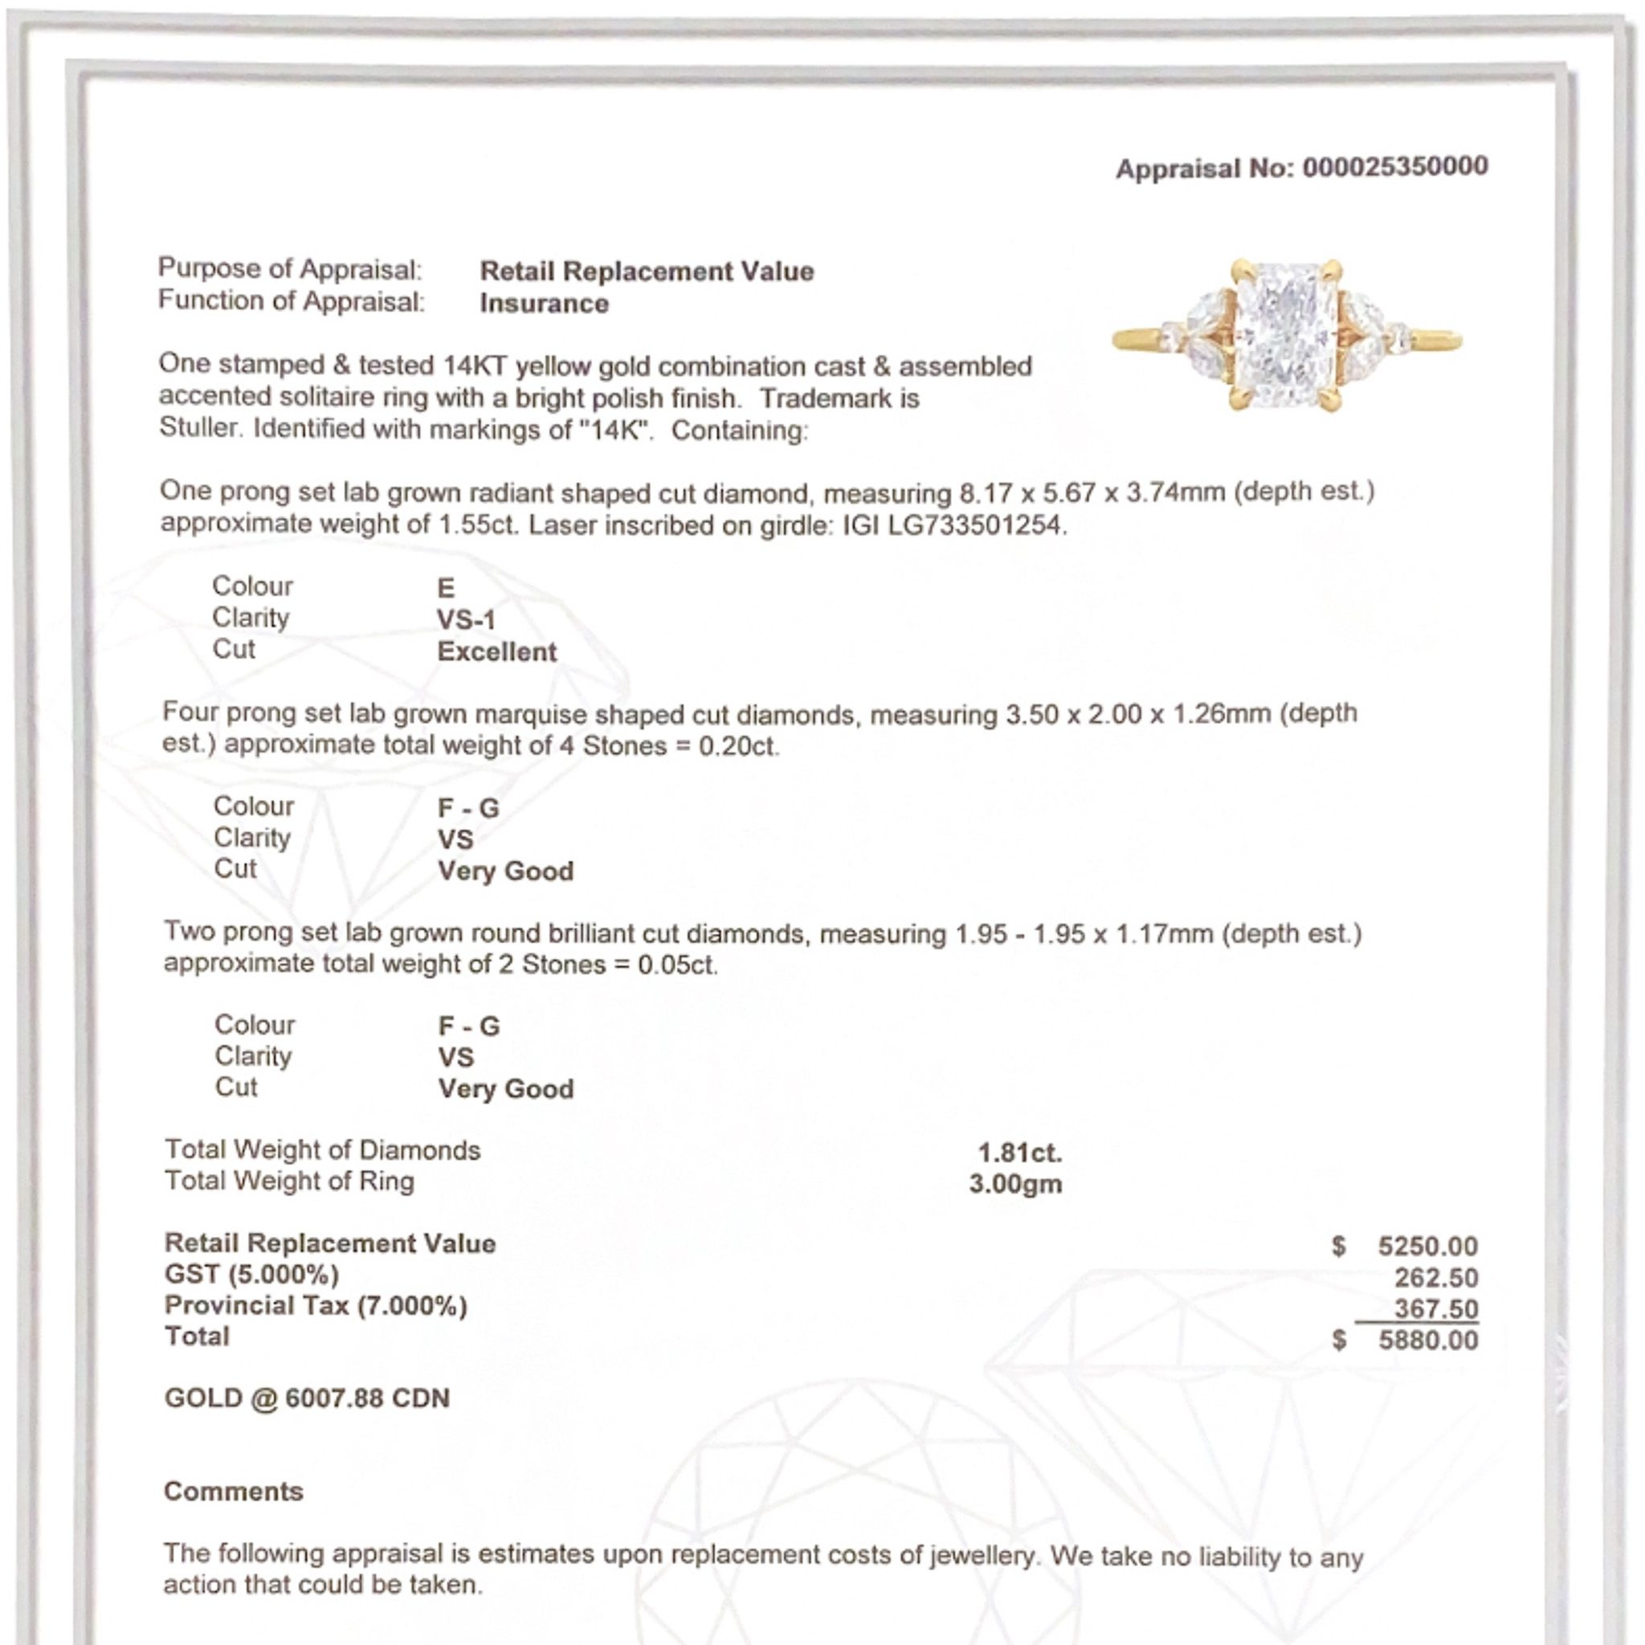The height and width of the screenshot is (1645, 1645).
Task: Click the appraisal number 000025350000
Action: tap(1394, 167)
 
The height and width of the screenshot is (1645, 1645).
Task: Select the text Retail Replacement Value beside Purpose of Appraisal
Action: tap(647, 271)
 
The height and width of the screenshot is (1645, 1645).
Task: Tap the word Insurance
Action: tap(544, 303)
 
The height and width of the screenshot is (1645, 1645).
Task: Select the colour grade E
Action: tap(446, 587)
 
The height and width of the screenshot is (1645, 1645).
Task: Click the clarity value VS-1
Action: tap(466, 619)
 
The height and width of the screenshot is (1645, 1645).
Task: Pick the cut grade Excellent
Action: tap(496, 651)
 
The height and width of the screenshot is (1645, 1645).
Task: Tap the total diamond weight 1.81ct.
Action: tap(1019, 1153)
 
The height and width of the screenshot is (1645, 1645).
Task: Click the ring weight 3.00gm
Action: tap(1015, 1183)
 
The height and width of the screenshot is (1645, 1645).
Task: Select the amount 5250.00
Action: tap(1427, 1247)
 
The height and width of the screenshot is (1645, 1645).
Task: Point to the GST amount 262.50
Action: tap(1435, 1278)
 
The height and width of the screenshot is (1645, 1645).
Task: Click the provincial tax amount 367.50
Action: tap(1435, 1308)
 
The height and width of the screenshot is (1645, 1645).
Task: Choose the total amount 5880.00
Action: tap(1427, 1341)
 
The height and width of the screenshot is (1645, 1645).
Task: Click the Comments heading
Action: tap(233, 1492)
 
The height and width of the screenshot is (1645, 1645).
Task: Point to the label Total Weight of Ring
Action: tap(289, 1182)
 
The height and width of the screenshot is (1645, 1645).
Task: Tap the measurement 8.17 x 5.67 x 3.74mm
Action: tap(1092, 493)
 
